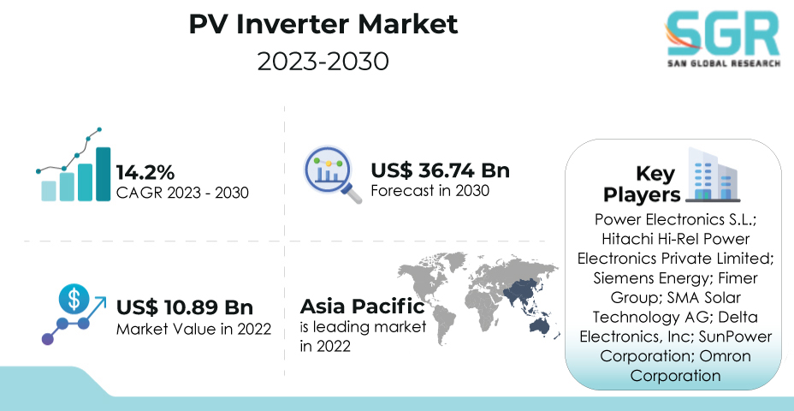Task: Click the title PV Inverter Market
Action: click(x=323, y=24)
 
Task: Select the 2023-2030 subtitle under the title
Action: click(x=323, y=62)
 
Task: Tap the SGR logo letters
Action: click(x=723, y=33)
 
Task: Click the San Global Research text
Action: click(x=724, y=63)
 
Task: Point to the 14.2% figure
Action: click(x=145, y=172)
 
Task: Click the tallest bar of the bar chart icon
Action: click(x=103, y=174)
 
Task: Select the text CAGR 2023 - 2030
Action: click(x=182, y=193)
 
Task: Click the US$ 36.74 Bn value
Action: click(x=440, y=170)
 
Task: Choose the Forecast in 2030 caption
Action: click(x=430, y=191)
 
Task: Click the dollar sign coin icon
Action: click(x=74, y=298)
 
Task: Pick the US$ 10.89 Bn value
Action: click(x=185, y=307)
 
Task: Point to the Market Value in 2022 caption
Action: click(x=194, y=329)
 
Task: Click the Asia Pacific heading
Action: click(x=362, y=307)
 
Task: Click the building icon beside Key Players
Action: click(x=712, y=175)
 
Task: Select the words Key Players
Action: click(x=642, y=184)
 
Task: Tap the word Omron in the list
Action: click(x=726, y=355)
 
